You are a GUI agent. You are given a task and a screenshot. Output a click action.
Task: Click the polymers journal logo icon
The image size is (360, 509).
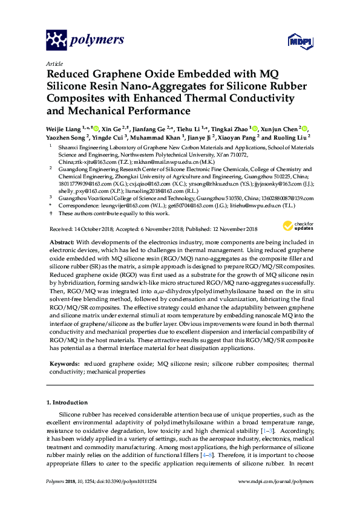[x=56, y=41]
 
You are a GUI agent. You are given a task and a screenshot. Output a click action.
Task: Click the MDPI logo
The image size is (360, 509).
[x=304, y=42]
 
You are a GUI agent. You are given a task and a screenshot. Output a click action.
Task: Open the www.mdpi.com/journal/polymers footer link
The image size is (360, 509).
[x=278, y=481]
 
